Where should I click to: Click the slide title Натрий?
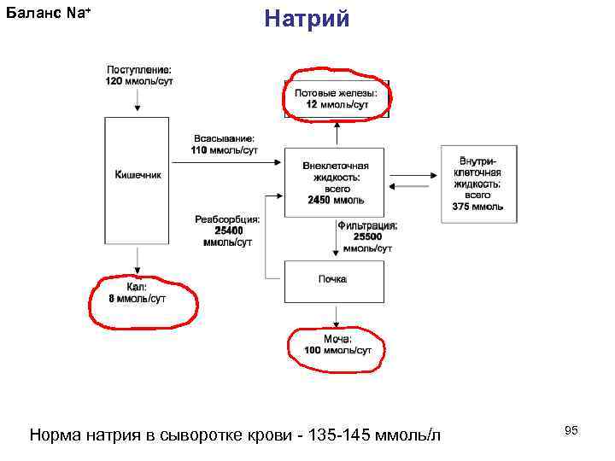click(307, 18)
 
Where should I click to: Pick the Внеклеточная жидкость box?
click(336, 182)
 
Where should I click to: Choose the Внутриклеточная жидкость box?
click(478, 183)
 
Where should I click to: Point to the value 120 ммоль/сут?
click(138, 80)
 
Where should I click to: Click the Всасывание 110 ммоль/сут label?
click(225, 144)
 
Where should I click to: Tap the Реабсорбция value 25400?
click(228, 230)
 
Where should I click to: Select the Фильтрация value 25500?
click(367, 236)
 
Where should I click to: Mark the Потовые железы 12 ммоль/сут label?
click(337, 98)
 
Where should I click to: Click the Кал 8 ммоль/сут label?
click(138, 293)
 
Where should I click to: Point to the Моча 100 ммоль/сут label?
click(337, 345)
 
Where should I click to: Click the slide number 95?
click(571, 431)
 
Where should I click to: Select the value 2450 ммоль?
click(336, 200)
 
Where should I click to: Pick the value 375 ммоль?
click(478, 206)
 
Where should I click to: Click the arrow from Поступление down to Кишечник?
click(138, 101)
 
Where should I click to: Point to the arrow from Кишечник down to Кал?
click(138, 261)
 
